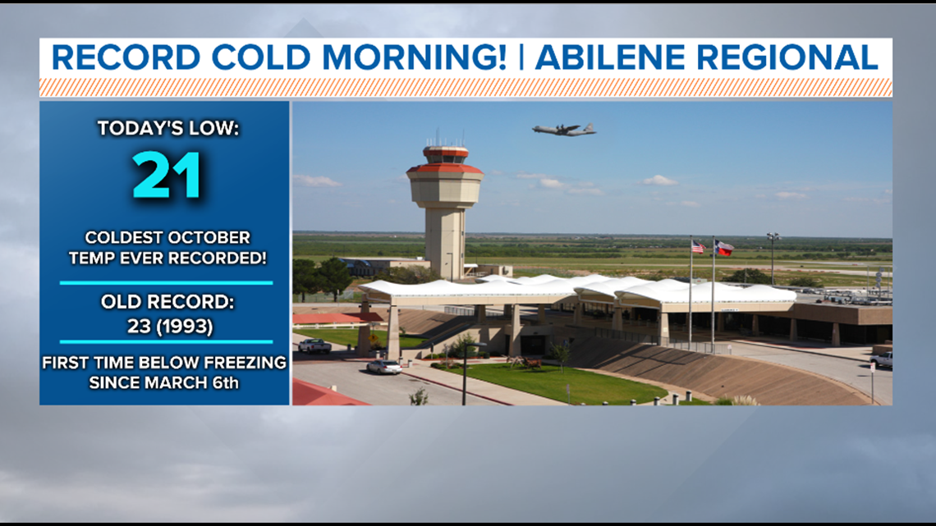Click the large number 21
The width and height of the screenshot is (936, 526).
click(x=167, y=175)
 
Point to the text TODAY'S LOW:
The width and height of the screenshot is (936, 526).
click(x=167, y=128)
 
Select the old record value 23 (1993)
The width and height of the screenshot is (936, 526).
click(x=167, y=326)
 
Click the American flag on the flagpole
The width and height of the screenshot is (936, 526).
click(x=697, y=247)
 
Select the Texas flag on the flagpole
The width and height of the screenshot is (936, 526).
click(x=723, y=247)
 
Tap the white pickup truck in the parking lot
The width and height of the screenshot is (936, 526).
click(x=314, y=345)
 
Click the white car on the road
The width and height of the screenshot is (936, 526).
click(x=383, y=367)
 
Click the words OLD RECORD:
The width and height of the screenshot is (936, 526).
click(x=167, y=302)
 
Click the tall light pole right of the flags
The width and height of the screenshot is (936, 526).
click(x=772, y=258)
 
